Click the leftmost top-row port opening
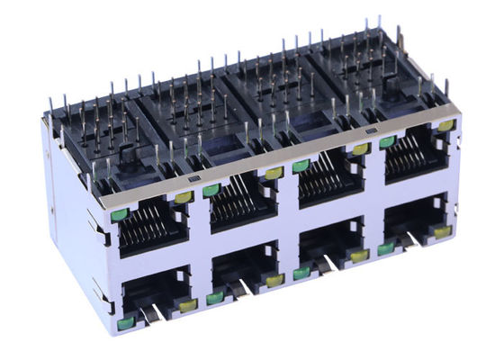153,229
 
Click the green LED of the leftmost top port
119,215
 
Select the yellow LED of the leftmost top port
184,197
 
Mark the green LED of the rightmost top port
387,141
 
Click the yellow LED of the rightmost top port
445,125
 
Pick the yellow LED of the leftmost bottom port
188,305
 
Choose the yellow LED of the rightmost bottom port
442,231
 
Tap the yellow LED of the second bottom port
274,281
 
